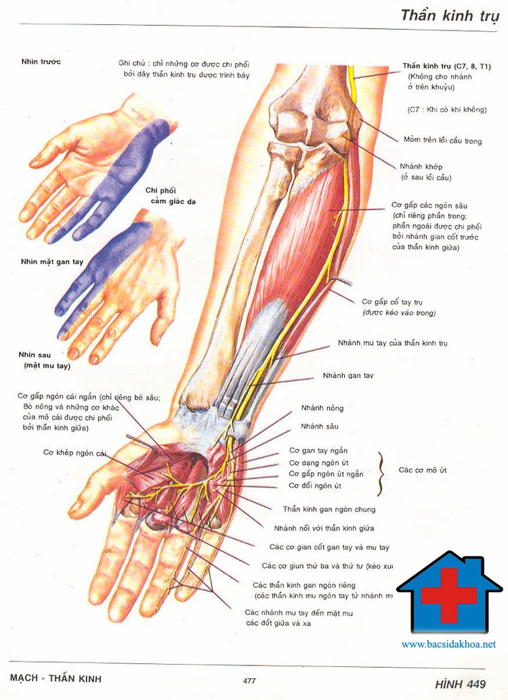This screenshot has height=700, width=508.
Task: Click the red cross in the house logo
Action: (448, 594)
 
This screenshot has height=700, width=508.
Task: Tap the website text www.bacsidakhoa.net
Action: (448, 644)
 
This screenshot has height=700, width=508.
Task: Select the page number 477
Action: (249, 680)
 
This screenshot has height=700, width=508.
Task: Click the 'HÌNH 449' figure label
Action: (461, 684)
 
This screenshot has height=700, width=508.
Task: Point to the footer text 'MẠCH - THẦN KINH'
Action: (56, 678)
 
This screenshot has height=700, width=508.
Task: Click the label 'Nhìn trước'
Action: (41, 62)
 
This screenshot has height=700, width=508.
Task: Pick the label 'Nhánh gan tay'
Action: (348, 375)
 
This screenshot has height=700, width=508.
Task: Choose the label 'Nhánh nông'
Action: (324, 408)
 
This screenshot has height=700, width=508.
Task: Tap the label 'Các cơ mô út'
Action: (423, 469)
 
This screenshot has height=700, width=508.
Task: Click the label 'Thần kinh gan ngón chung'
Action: (329, 509)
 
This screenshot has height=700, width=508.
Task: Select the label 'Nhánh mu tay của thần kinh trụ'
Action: (393, 343)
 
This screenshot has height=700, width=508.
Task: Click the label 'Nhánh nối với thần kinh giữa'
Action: (324, 528)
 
